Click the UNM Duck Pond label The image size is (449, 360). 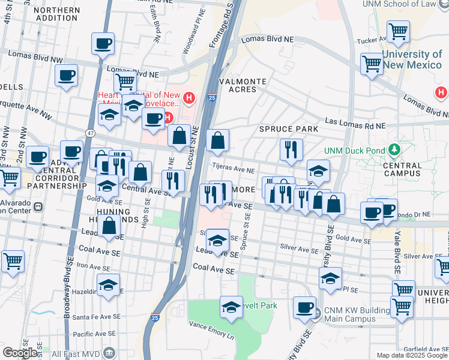pyautogui.click(x=354, y=150)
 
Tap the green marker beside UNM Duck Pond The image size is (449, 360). pyautogui.click(x=394, y=149)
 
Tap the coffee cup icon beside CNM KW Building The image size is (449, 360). pyautogui.click(x=304, y=307)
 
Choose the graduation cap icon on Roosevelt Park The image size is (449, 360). pyautogui.click(x=232, y=307)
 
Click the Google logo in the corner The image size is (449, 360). pyautogui.click(x=20, y=353)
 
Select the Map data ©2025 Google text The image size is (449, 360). pyautogui.click(x=411, y=355)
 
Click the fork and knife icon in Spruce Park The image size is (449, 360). pyautogui.click(x=291, y=150)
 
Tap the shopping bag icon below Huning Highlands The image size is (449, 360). pyautogui.click(x=109, y=227)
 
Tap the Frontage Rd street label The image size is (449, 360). pyautogui.click(x=229, y=18)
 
